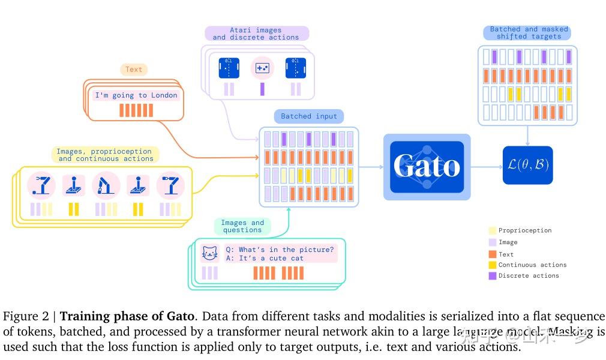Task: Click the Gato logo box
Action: (427, 167)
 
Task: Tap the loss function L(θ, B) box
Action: (527, 166)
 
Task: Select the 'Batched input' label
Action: (309, 116)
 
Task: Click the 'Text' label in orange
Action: (134, 70)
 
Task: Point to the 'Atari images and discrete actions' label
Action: (256, 34)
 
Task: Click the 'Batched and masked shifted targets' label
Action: (527, 32)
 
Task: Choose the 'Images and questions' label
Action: (242, 226)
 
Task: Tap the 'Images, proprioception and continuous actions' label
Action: (106, 155)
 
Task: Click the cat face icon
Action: (209, 254)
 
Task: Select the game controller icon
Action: (262, 68)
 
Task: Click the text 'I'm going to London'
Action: (136, 95)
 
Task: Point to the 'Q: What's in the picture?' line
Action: (280, 250)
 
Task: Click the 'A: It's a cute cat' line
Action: (265, 259)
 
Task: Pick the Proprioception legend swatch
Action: (493, 230)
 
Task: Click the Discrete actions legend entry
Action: (528, 276)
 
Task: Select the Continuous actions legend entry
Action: (532, 265)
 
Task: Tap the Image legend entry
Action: (508, 242)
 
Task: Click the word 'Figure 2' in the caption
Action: (26, 316)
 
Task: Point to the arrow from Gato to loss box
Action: (486, 167)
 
